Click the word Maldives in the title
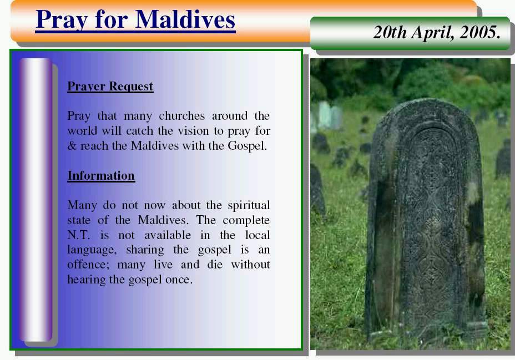pos(185,19)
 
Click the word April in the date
pos(433,33)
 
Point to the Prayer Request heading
pos(110,87)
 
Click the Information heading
pos(101,176)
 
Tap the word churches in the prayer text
pos(181,115)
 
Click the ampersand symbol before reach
pos(72,146)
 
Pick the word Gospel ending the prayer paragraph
pos(248,146)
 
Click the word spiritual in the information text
pos(249,205)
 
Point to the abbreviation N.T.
pos(78,235)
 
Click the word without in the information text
pos(250,265)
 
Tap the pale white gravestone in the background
pos(329,115)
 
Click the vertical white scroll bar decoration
pos(36,200)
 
